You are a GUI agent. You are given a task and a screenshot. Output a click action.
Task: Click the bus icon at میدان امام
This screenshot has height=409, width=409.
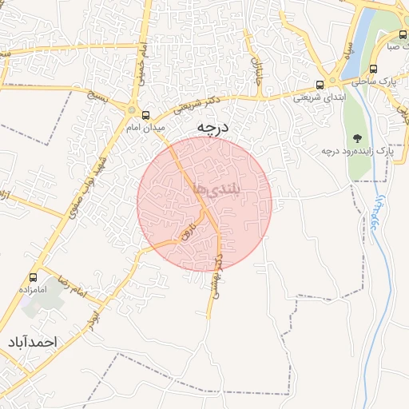click(145, 114)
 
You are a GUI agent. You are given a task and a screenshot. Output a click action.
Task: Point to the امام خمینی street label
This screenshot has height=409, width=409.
click(137, 61)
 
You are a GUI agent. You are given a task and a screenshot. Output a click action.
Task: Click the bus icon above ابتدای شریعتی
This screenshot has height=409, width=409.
click(320, 84)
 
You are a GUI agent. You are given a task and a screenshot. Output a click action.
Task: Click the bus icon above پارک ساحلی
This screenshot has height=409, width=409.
click(373, 69)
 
